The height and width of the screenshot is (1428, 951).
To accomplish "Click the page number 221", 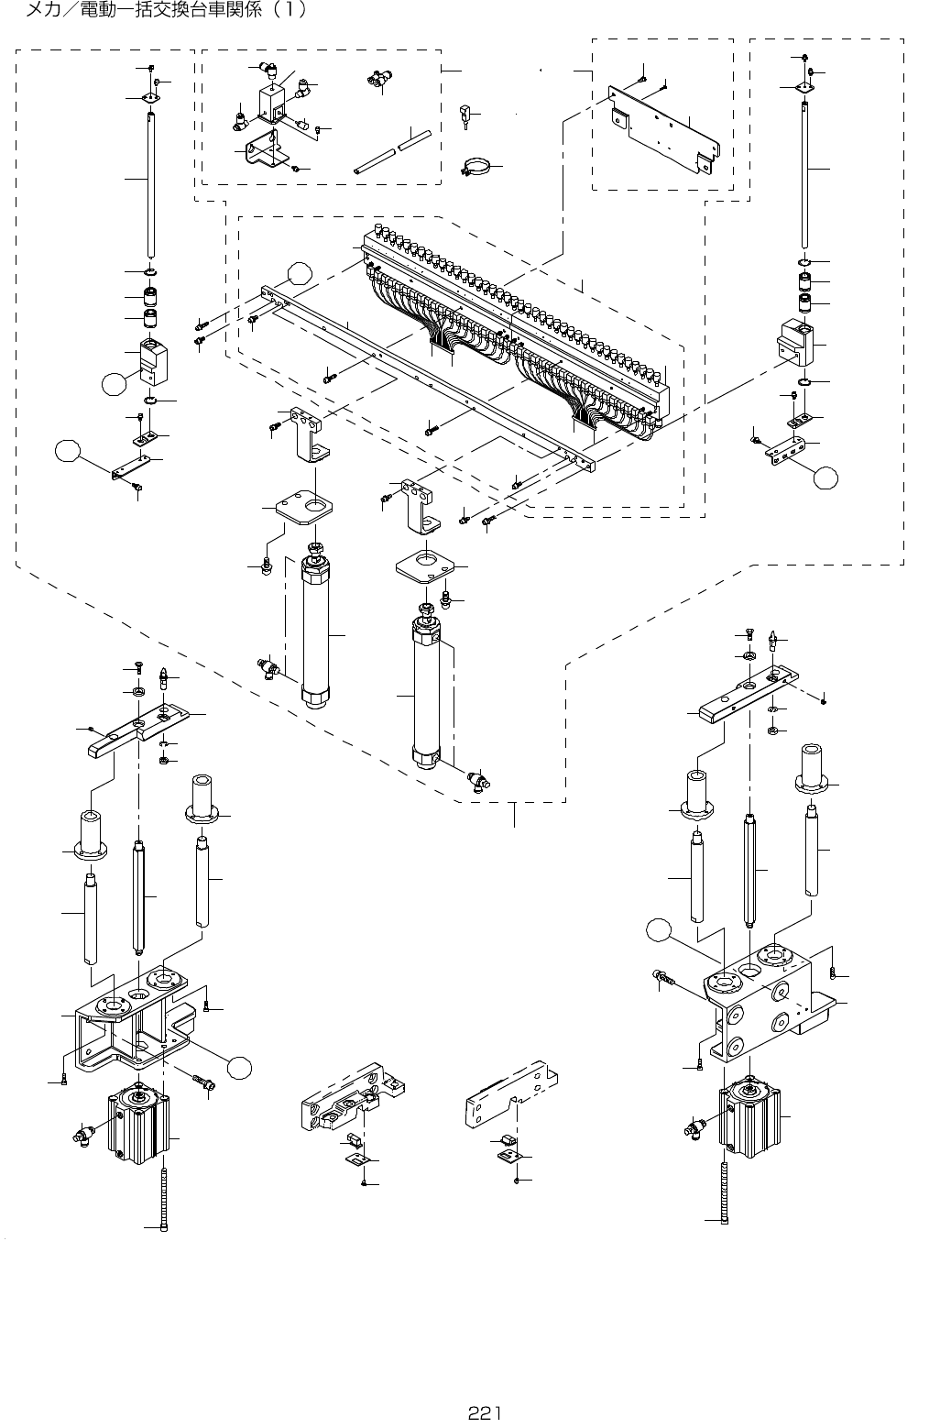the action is [x=484, y=1413].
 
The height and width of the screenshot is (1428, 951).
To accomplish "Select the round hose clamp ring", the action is [x=475, y=166].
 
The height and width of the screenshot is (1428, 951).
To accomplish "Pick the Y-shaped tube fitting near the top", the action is [x=379, y=79].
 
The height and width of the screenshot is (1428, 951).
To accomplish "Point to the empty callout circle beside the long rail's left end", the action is [x=300, y=273].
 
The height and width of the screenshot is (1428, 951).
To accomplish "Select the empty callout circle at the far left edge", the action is [x=68, y=450].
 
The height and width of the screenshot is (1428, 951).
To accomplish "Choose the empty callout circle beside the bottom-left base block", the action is [x=240, y=1067].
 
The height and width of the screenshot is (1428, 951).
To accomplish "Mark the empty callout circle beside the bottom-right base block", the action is [x=659, y=931].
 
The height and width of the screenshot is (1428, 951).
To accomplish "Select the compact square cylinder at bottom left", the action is [x=138, y=1123].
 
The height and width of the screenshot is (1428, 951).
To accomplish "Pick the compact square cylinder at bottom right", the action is [x=750, y=1116].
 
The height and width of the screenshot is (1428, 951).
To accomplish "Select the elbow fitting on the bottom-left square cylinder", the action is [x=82, y=1133].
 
